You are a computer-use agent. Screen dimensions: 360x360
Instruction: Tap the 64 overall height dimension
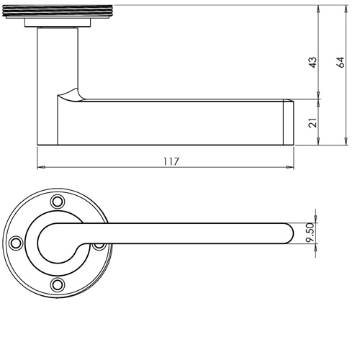tap(341, 63)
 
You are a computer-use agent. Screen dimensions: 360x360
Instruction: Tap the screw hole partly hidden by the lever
tap(99, 245)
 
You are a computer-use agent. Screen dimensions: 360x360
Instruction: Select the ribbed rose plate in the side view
tap(58, 15)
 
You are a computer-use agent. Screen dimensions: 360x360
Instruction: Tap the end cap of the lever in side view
tap(289, 123)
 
